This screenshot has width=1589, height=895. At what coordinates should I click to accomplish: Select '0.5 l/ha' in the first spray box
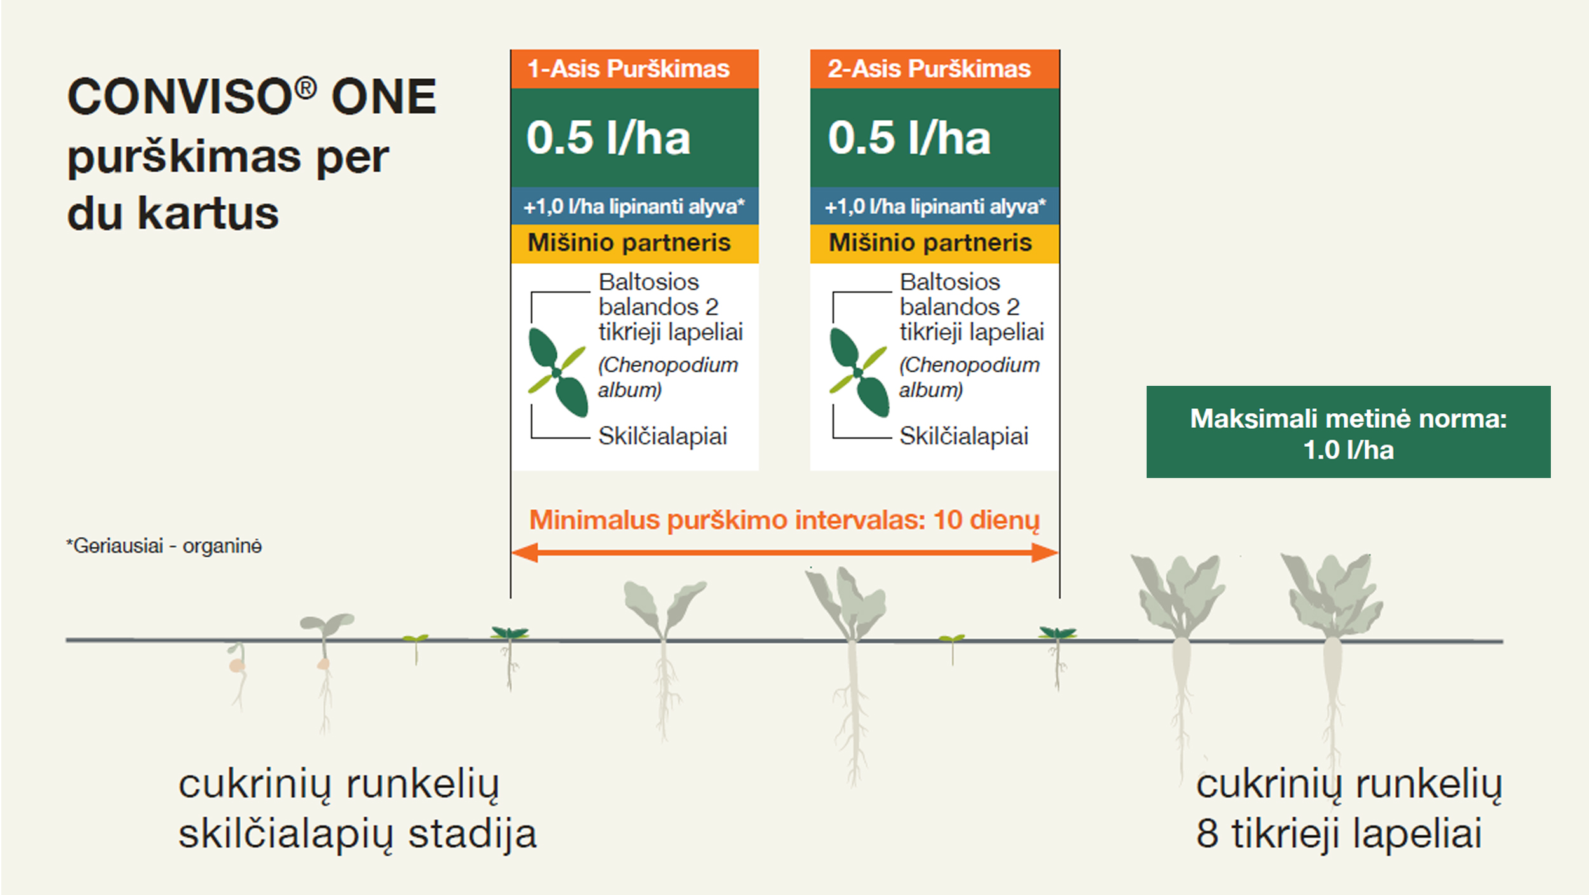click(608, 138)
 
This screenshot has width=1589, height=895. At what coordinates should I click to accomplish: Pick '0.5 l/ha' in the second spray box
click(909, 138)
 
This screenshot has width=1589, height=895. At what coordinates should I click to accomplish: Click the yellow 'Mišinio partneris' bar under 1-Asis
click(634, 243)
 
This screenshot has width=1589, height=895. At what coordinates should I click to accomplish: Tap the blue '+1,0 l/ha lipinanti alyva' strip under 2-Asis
click(934, 206)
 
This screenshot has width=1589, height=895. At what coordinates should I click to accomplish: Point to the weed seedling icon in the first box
click(557, 372)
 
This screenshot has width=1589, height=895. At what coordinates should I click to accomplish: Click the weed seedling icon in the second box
click(859, 372)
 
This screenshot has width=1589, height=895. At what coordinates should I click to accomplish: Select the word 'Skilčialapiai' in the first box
click(662, 437)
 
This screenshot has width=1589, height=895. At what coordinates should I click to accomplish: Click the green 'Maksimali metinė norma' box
click(1348, 432)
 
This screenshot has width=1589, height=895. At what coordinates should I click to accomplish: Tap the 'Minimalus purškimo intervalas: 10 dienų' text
click(784, 521)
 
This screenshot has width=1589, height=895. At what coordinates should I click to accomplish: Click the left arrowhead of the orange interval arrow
click(525, 553)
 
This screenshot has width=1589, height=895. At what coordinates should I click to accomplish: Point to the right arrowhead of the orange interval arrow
click(1045, 553)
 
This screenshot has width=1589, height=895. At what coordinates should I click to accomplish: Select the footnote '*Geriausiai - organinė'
click(164, 546)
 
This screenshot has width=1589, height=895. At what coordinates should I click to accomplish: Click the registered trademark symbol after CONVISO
click(306, 88)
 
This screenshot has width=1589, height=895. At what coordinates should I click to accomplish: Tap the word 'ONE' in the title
click(384, 97)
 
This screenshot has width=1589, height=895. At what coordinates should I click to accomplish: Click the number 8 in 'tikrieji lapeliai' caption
click(1208, 834)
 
